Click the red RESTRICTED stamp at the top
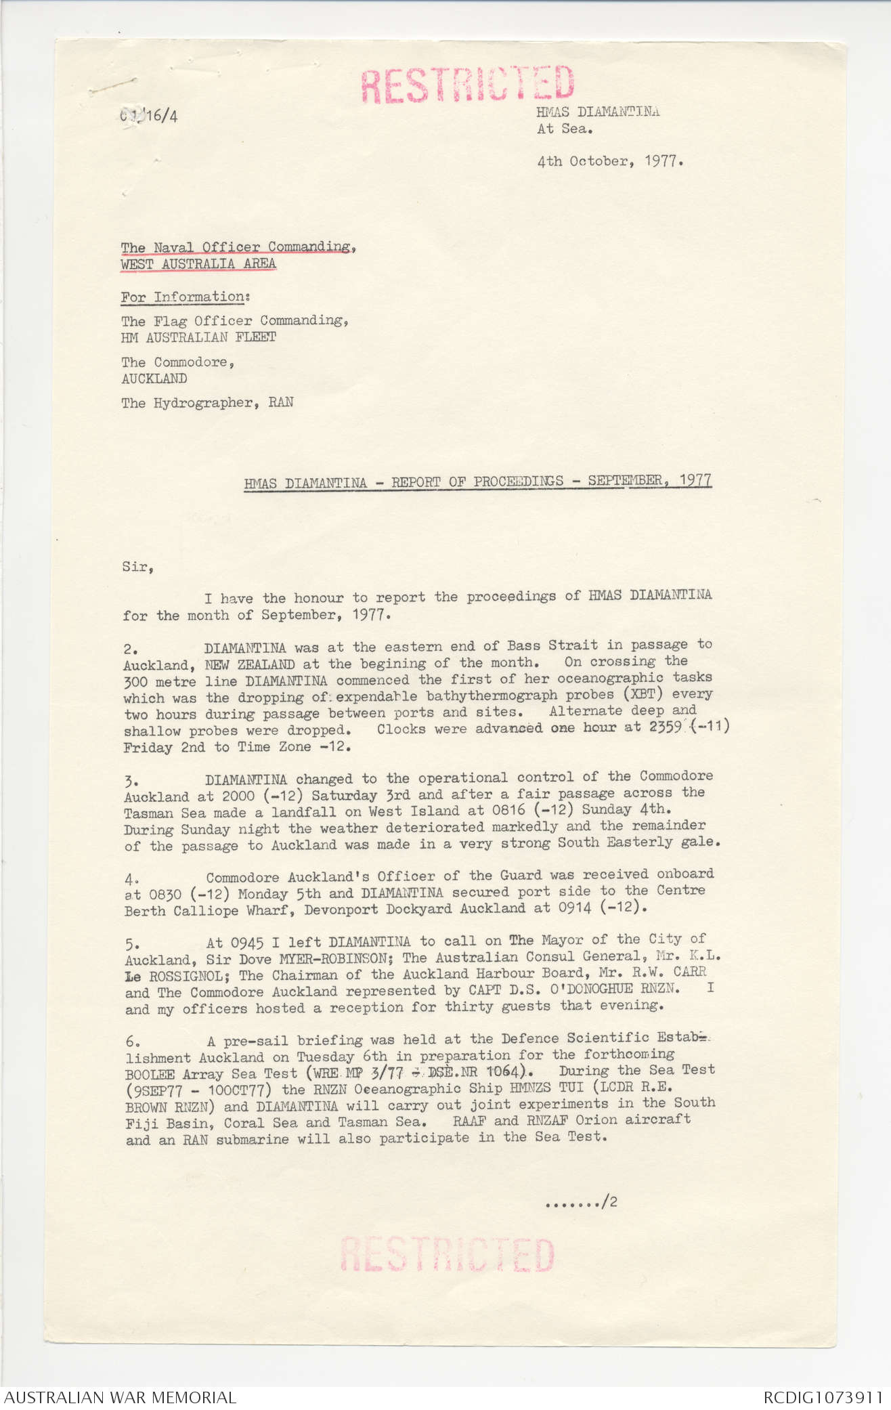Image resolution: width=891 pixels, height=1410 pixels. coord(467,84)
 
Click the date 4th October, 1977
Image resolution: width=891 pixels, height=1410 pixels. coord(610,162)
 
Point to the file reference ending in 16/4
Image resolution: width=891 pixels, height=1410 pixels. coord(150,116)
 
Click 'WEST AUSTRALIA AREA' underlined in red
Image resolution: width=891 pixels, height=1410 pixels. coord(198,264)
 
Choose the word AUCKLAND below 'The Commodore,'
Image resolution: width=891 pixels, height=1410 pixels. coord(154,379)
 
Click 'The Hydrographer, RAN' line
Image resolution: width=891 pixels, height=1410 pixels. coord(207,403)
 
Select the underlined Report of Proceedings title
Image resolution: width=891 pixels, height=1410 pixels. coord(477,482)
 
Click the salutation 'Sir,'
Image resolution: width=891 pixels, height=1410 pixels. coord(138,567)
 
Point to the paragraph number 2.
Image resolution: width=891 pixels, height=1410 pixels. coord(130,649)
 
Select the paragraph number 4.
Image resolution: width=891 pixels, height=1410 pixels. coord(131,878)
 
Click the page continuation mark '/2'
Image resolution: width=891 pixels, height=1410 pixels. coord(611,1203)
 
